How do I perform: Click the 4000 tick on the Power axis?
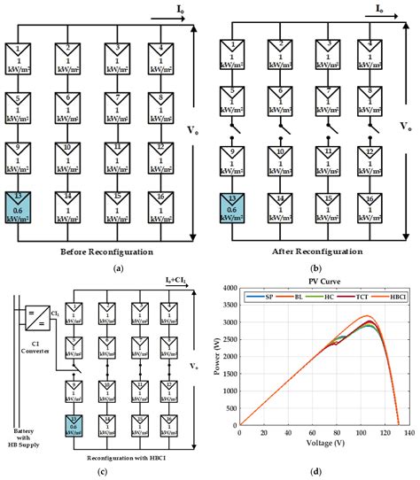pos(226,289)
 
